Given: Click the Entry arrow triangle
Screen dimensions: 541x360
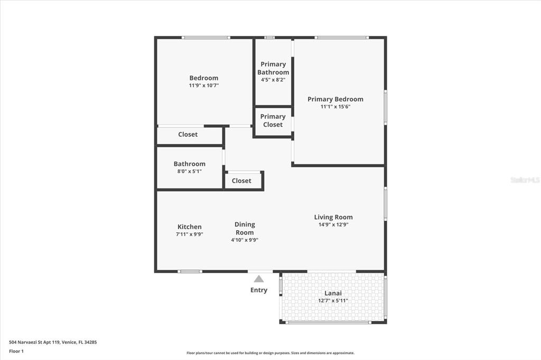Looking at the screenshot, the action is coord(259,279).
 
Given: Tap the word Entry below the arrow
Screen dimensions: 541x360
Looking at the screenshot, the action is coord(259,290).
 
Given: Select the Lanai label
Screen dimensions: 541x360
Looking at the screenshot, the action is coord(333,293).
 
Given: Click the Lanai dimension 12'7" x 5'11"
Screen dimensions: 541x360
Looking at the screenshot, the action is coord(333,301).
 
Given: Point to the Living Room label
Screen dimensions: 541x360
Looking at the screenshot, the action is coord(333,217).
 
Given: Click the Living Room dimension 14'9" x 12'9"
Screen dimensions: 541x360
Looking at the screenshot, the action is coord(333,224).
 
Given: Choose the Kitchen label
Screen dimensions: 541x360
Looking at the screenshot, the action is coord(190,227).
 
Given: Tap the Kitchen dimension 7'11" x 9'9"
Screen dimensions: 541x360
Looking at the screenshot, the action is coord(190,234).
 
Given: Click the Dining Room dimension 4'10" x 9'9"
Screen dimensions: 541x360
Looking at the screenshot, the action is coord(245,240).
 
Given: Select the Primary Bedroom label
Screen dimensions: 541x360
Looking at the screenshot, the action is coord(335,99).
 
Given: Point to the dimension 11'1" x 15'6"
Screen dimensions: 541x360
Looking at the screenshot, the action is coord(335,107).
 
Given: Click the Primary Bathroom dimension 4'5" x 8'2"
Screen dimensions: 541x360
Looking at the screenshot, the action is coord(273,80).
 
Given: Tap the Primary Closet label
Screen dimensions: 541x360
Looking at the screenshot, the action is coord(273,121).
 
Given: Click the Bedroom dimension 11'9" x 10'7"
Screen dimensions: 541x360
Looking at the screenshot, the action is coord(204,85).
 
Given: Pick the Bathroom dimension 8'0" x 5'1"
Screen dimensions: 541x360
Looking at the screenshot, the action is coord(190,171).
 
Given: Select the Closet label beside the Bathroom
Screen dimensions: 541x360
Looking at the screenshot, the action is coord(241,181).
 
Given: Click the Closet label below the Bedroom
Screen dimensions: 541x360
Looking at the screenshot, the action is coord(188,135).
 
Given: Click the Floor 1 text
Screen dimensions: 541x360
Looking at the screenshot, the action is coord(16,352).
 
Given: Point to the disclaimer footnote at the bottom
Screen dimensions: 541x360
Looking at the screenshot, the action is coord(270,353).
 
